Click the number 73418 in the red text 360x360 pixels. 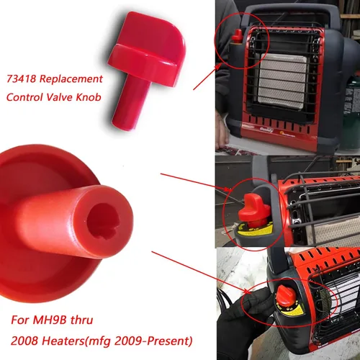(21, 78)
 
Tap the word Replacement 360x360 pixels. (71, 79)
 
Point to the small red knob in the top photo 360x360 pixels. (238, 35)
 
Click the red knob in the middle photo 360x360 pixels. (255, 209)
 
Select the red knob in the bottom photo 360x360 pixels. (286, 296)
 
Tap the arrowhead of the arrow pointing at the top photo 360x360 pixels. (219, 66)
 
